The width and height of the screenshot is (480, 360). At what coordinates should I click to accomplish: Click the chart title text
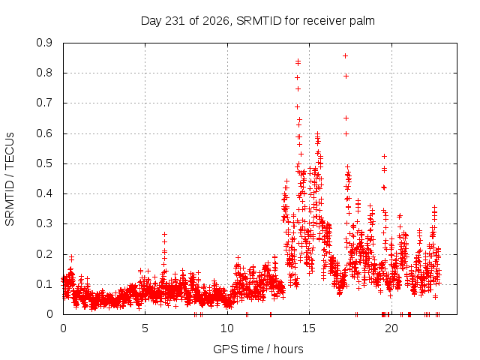tap(258, 21)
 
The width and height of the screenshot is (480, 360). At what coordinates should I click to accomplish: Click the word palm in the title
tap(363, 21)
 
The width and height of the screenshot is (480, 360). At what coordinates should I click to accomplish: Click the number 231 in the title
tap(175, 21)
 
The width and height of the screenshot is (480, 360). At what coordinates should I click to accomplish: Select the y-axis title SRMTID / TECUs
tap(10, 179)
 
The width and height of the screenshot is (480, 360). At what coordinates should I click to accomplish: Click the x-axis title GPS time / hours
tap(258, 349)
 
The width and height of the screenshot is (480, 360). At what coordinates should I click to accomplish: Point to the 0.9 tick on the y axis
tap(44, 43)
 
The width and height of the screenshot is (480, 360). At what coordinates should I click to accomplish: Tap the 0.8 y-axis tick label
tap(44, 73)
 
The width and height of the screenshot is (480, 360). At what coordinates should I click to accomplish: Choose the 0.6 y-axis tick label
tap(44, 133)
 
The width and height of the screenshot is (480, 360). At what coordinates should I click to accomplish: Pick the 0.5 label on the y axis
tap(44, 163)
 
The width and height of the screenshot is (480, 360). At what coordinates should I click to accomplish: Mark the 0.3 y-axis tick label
tap(44, 223)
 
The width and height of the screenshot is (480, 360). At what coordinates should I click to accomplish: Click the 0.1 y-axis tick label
tap(44, 284)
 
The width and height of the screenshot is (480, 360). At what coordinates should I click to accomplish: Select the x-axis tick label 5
tap(145, 328)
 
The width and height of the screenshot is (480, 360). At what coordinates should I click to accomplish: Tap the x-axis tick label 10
tap(227, 328)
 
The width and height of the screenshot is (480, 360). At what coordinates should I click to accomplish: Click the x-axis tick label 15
tap(309, 328)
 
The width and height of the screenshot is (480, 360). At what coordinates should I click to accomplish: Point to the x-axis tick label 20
tap(391, 328)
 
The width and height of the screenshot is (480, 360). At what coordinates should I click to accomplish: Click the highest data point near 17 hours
tap(345, 56)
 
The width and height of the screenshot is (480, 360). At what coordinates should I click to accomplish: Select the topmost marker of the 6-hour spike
tap(165, 235)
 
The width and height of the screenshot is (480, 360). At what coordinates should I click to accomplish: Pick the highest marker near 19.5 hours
tap(384, 157)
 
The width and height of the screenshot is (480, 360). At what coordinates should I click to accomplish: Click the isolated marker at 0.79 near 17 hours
tap(346, 76)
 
